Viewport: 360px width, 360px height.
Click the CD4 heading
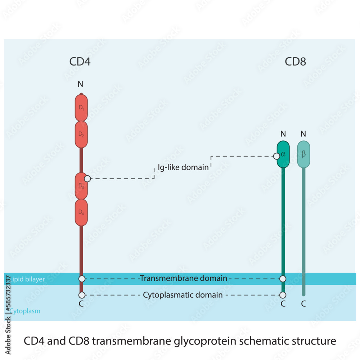pos(80,62)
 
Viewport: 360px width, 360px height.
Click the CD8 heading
pos(295,62)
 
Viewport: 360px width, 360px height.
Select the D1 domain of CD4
pos(81,108)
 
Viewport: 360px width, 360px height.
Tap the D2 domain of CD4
pos(81,134)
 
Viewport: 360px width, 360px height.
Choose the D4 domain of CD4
pos(81,212)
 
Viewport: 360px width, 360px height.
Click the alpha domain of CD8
pos(283,154)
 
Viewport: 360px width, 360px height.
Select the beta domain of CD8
pos(303,154)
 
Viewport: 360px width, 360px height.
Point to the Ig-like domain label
pos(183,167)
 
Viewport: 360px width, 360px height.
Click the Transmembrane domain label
pos(183,278)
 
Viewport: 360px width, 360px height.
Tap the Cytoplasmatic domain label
pos(183,295)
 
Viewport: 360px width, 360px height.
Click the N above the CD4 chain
pos(80,84)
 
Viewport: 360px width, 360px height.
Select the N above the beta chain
pos(303,134)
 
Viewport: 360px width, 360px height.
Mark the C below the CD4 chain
pos(81,304)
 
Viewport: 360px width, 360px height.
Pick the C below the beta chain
pos(303,304)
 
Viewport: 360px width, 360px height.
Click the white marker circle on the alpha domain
pos(276,156)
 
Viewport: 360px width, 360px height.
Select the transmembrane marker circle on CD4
pos(82,279)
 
